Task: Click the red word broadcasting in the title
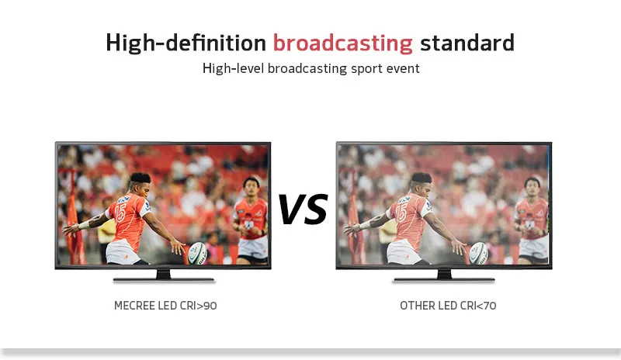tap(342, 43)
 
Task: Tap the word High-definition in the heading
tap(186, 43)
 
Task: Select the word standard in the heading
tap(467, 43)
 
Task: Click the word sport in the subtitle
tap(361, 69)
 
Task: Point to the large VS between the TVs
tap(303, 208)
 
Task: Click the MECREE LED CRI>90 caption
tap(165, 306)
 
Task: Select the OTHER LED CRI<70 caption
tap(448, 306)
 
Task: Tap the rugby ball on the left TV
tap(198, 253)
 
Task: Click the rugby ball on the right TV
tap(478, 253)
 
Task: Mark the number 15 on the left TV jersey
tap(120, 213)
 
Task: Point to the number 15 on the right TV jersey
tap(401, 213)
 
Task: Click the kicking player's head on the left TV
tap(141, 184)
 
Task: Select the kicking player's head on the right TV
tap(421, 184)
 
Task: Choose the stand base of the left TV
tap(164, 279)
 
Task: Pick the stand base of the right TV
tap(444, 279)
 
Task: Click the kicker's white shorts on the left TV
tap(123, 251)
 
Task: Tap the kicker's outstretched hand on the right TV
tap(459, 247)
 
